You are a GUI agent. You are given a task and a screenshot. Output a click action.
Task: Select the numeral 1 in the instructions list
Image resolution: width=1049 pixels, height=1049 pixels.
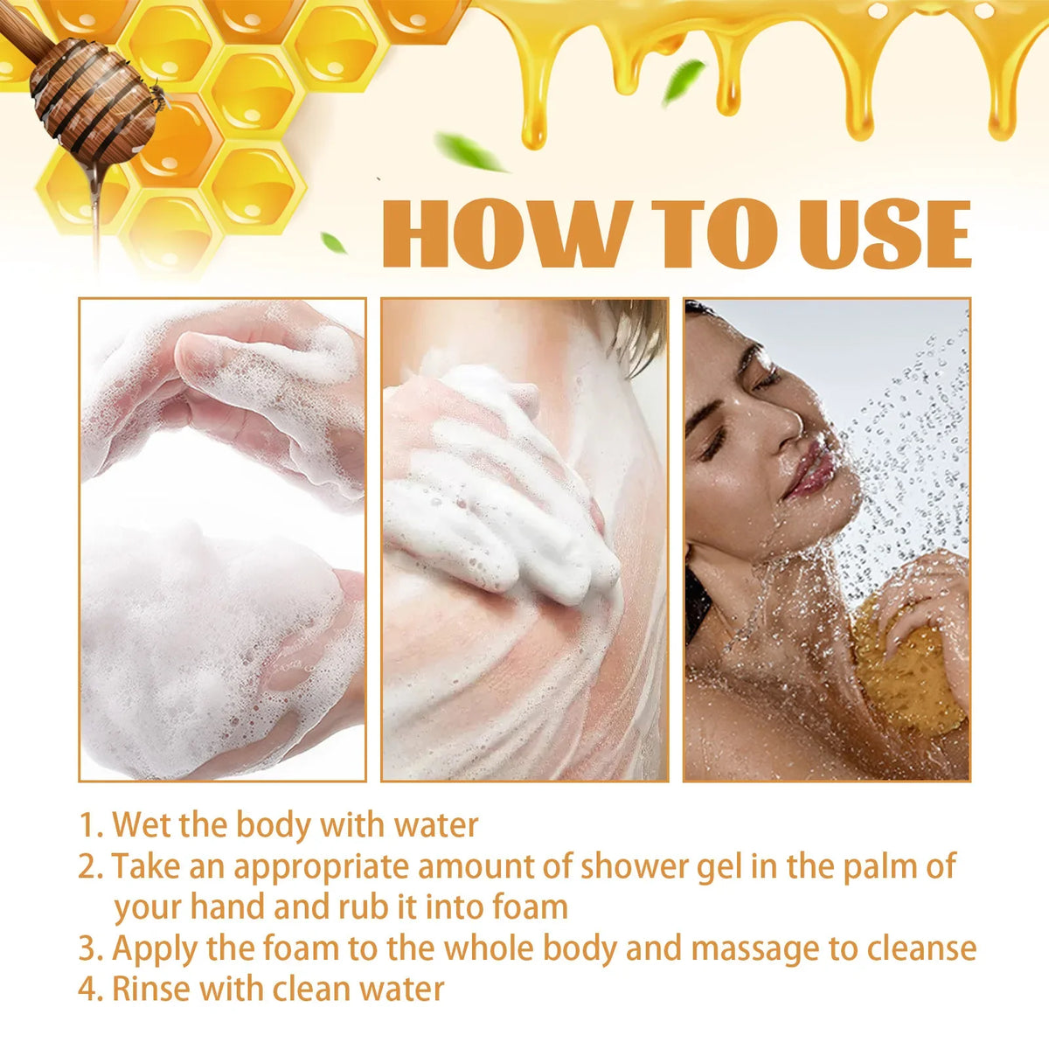click(x=88, y=825)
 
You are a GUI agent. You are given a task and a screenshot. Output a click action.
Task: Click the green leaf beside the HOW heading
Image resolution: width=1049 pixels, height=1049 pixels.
click(x=333, y=243)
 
